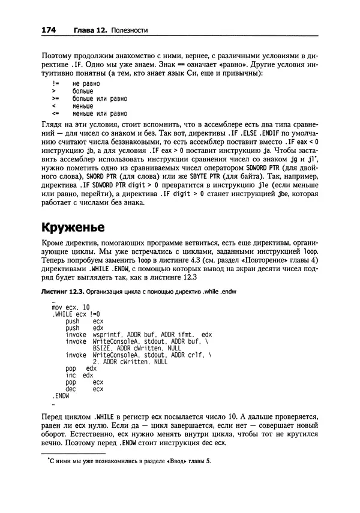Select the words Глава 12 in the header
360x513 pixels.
(x=90, y=29)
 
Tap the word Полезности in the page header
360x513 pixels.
(x=130, y=29)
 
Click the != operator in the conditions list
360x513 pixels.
(x=55, y=82)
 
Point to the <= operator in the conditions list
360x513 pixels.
(x=55, y=112)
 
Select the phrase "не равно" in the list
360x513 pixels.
(x=85, y=82)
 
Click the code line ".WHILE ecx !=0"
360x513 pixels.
(x=76, y=314)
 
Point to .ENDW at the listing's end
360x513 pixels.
(x=61, y=395)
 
